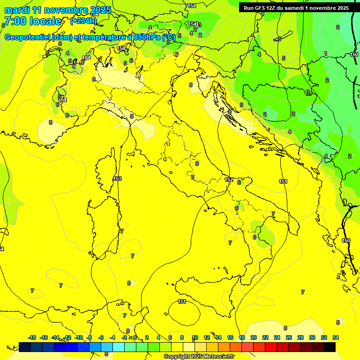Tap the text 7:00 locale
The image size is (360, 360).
point(33,22)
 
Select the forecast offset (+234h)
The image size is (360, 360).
point(83,21)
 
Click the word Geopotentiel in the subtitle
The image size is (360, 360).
point(29,37)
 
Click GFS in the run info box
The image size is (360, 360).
point(264,8)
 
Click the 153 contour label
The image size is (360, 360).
point(117,179)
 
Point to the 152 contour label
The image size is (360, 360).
point(229,180)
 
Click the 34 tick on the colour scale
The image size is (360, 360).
point(336,337)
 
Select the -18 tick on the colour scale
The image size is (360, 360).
point(32,337)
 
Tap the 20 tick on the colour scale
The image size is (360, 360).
point(254,337)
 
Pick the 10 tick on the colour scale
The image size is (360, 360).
point(195,337)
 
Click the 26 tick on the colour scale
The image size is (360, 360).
point(289,337)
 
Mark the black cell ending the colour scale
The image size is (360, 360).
point(330,347)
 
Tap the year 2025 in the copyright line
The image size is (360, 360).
point(195,357)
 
